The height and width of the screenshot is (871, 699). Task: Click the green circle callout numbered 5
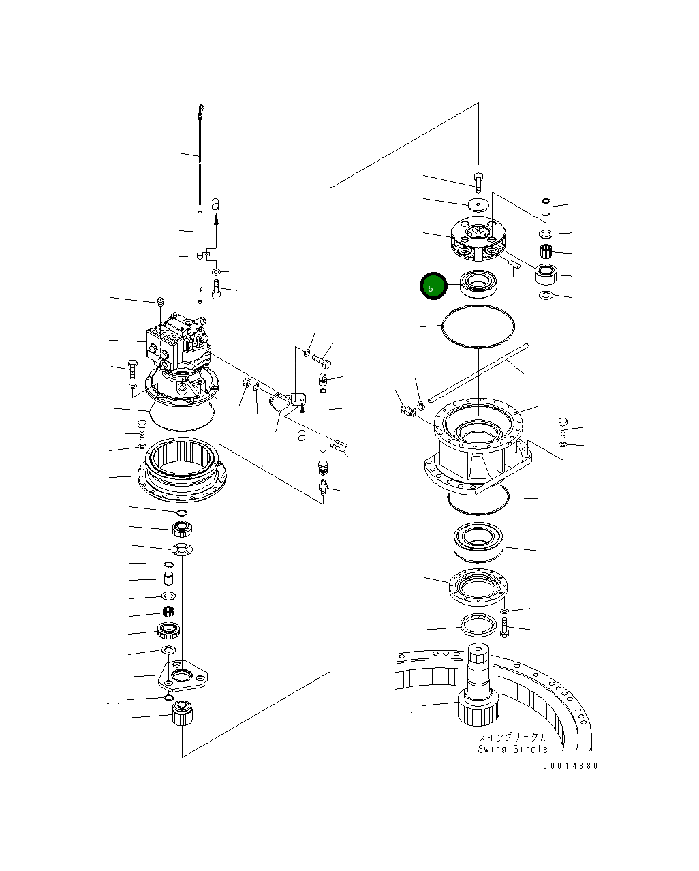click(431, 287)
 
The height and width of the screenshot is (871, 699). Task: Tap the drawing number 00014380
click(570, 766)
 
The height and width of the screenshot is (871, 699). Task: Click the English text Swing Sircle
click(512, 749)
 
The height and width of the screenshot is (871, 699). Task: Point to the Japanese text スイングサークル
click(513, 737)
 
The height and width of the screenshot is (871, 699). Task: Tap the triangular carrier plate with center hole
click(182, 675)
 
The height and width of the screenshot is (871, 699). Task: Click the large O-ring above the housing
click(478, 328)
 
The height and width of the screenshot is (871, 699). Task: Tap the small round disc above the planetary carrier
click(479, 204)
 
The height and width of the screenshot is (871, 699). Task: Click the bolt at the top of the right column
click(478, 181)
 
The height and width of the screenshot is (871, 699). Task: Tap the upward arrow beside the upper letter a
click(217, 219)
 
